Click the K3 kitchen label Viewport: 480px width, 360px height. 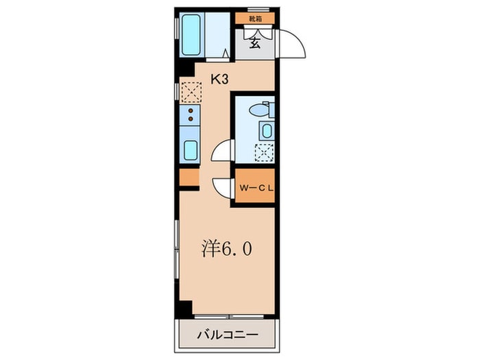tap(219, 80)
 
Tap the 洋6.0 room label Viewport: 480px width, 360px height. tap(226, 248)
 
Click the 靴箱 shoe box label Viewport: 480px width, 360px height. tap(255, 19)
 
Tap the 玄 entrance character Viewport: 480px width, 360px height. tap(254, 43)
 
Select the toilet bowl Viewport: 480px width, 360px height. tap(261, 109)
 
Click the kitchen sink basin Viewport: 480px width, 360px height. tap(190, 149)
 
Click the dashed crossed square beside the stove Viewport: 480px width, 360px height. tap(189, 91)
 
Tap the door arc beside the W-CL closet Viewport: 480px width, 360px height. tap(222, 188)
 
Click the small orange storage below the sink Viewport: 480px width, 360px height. tap(189, 177)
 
